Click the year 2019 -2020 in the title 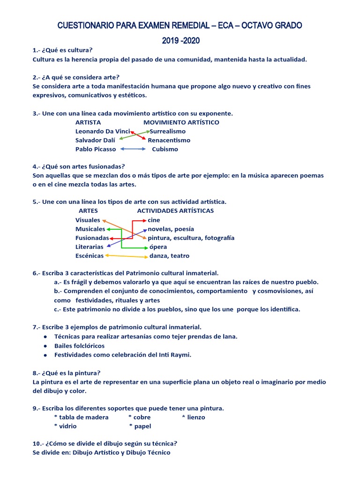coord(180,41)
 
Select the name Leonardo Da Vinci coord(103,131)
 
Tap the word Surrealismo coord(167,131)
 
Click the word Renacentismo coord(169,140)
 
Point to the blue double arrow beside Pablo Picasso coord(133,149)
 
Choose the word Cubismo coord(165,149)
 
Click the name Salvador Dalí coord(95,140)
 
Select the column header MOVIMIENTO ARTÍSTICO coord(181,122)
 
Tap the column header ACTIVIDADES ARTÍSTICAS coord(175,211)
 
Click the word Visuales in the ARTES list coord(88,220)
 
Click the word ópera coord(158,247)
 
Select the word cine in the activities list coord(154,220)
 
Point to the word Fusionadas coord(92,238)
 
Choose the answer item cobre coord(142,417)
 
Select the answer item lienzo coord(196,417)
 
